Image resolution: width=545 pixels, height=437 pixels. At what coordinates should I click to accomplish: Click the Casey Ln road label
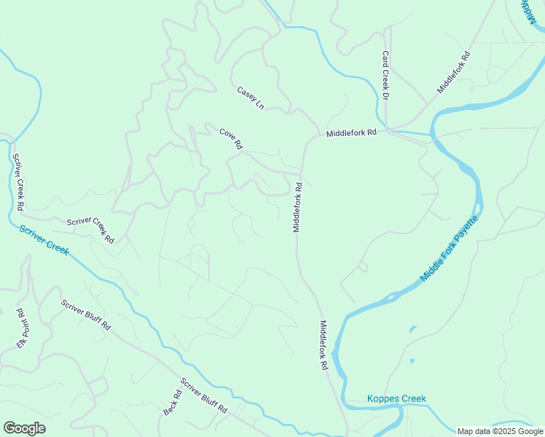pyautogui.click(x=250, y=98)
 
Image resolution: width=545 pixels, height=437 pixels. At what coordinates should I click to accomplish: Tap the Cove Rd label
pyautogui.click(x=230, y=138)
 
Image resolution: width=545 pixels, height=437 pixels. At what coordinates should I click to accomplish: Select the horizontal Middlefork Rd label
pyautogui.click(x=351, y=133)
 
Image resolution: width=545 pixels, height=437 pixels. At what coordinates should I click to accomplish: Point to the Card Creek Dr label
pyautogui.click(x=385, y=76)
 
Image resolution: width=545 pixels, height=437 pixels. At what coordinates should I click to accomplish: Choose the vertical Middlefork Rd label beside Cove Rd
pyautogui.click(x=297, y=207)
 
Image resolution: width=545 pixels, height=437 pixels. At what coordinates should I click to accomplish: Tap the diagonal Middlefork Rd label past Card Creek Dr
pyautogui.click(x=454, y=71)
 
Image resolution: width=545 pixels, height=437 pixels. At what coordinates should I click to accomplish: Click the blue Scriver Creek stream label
pyautogui.click(x=44, y=240)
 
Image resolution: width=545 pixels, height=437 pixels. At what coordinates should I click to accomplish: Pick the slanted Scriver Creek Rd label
pyautogui.click(x=90, y=230)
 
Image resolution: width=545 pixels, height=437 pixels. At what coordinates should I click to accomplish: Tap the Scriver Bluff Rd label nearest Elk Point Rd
pyautogui.click(x=85, y=315)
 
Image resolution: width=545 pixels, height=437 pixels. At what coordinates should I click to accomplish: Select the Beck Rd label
pyautogui.click(x=172, y=402)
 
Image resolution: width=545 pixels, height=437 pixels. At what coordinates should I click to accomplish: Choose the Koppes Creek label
pyautogui.click(x=396, y=398)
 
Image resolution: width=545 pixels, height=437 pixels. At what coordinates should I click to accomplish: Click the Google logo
pyautogui.click(x=24, y=428)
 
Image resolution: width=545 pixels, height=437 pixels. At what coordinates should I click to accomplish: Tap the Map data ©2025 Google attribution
pyautogui.click(x=501, y=431)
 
